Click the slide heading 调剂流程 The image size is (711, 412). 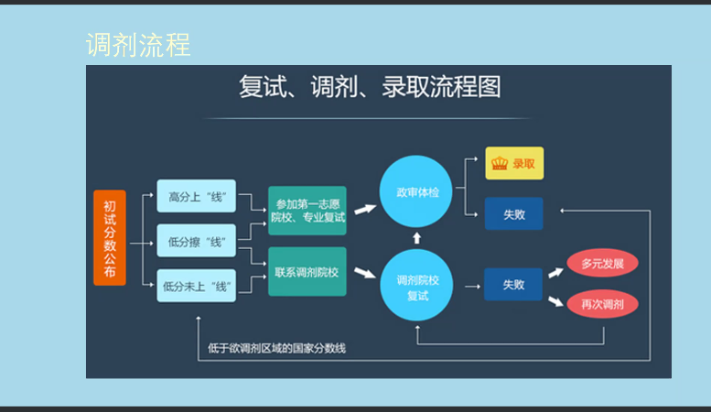(138, 45)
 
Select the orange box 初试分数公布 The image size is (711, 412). (110, 238)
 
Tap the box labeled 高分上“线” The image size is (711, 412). (197, 196)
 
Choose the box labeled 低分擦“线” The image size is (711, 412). (197, 242)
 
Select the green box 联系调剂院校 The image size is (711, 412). (307, 272)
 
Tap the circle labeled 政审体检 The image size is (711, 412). (417, 193)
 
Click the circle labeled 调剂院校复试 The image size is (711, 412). (417, 285)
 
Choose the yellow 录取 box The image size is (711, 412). (514, 164)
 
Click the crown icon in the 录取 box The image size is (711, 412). (500, 164)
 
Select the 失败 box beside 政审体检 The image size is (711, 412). (514, 214)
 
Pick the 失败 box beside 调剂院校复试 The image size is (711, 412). (514, 285)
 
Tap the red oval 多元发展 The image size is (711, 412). (602, 264)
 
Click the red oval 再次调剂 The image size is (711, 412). (602, 303)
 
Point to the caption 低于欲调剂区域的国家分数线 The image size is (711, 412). (277, 348)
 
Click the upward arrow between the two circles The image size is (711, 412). (417, 238)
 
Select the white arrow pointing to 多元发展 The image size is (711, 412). (555, 271)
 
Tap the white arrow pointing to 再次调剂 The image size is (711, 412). (555, 299)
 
